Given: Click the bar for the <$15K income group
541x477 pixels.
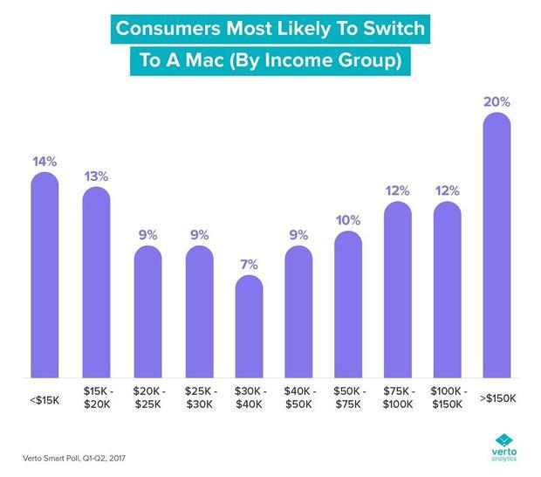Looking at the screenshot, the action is point(45,275).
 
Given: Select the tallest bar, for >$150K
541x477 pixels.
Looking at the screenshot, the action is point(496,245).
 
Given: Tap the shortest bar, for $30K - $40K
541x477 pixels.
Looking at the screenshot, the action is point(249,327).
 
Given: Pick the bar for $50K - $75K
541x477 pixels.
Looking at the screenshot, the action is point(348,304).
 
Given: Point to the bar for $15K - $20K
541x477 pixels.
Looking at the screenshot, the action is point(96,282).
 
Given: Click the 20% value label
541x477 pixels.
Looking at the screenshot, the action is point(496,102).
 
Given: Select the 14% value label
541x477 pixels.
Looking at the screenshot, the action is point(45,162).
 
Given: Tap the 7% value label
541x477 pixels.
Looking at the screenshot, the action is point(249,265).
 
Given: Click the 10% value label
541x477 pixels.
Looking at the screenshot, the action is point(348,220).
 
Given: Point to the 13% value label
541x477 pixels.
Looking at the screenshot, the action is point(96,176).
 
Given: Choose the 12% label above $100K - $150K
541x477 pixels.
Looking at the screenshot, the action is point(447,190).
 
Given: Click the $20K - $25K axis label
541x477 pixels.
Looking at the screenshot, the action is point(148,397).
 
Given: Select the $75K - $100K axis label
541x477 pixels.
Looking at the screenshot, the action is point(398,397).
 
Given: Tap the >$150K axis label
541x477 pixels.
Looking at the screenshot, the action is point(498,398).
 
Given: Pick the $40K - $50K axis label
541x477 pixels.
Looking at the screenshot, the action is point(299,397).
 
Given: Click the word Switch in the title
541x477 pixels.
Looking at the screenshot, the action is point(394,28).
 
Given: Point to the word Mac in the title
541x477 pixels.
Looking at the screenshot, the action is point(204,60).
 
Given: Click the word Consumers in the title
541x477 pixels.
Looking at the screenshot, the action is point(168,28).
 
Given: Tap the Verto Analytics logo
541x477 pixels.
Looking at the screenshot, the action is point(504,447).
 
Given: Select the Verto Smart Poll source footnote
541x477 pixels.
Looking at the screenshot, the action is point(74,459).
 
